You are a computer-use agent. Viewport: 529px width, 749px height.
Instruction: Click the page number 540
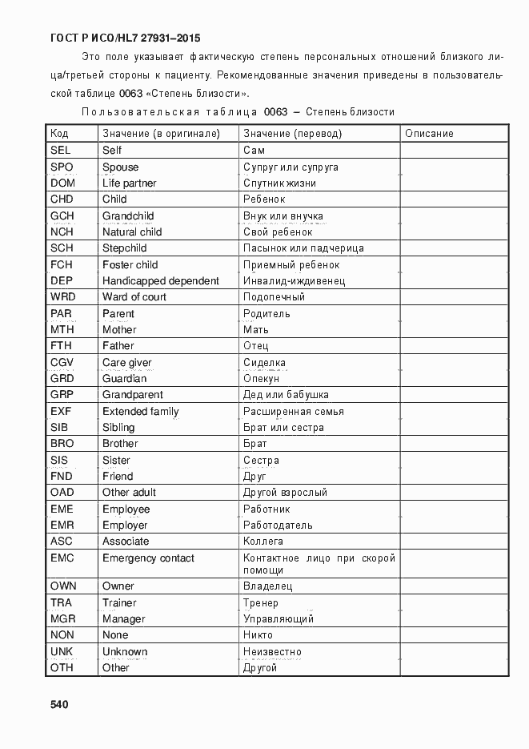pyautogui.click(x=59, y=704)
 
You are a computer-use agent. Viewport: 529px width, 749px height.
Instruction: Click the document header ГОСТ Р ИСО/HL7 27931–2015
pyautogui.click(x=125, y=38)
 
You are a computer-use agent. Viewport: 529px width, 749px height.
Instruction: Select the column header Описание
pyautogui.click(x=429, y=134)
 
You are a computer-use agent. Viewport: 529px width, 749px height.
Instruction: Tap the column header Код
pyautogui.click(x=59, y=134)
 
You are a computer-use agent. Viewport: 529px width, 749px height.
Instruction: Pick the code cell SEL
pyautogui.click(x=60, y=150)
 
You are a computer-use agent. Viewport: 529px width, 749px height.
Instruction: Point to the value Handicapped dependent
pyautogui.click(x=160, y=280)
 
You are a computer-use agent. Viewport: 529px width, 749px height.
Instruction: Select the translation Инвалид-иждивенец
pyautogui.click(x=294, y=281)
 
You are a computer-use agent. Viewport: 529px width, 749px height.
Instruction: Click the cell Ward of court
pyautogui.click(x=134, y=296)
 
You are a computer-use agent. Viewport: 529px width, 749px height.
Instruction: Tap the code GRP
pyautogui.click(x=62, y=394)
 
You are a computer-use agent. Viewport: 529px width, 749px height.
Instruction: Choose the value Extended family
pyautogui.click(x=140, y=411)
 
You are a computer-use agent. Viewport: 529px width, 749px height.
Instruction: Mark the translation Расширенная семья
pyautogui.click(x=293, y=411)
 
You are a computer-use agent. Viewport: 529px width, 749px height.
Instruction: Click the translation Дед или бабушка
pyautogui.click(x=286, y=394)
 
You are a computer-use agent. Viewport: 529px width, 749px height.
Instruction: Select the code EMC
pyautogui.click(x=62, y=558)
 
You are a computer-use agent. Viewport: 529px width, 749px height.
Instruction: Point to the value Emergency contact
pyautogui.click(x=148, y=558)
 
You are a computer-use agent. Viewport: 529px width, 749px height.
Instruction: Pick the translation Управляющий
pyautogui.click(x=278, y=618)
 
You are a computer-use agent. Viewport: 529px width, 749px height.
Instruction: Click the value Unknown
pyautogui.click(x=125, y=651)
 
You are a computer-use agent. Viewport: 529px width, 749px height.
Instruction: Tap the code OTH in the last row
pyautogui.click(x=62, y=667)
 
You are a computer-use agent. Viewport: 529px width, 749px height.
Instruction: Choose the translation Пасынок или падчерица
pyautogui.click(x=303, y=248)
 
